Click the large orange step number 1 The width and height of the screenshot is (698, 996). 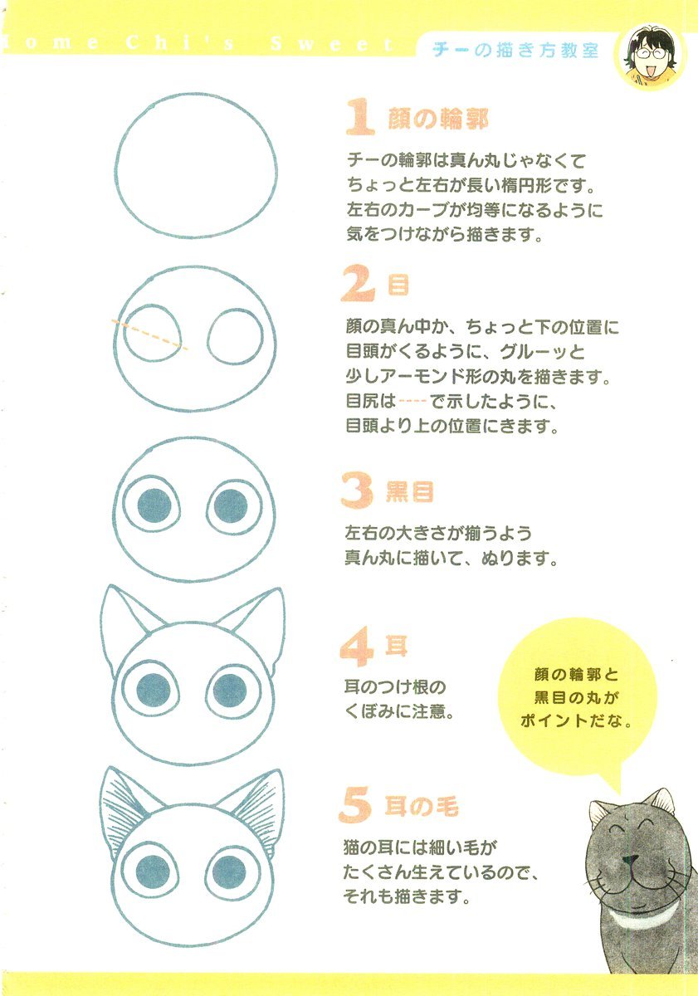[x=360, y=116]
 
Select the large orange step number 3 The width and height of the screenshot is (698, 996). [x=357, y=491]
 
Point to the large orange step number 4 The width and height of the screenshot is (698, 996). [x=356, y=647]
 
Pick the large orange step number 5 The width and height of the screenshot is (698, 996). [x=355, y=804]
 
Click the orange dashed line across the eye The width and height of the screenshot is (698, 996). [x=150, y=334]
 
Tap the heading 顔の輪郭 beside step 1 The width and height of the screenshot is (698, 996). [x=438, y=119]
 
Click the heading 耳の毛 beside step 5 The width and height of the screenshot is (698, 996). [x=421, y=806]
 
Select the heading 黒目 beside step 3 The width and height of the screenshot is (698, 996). [x=409, y=491]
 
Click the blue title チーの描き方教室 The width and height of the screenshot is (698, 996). [x=515, y=51]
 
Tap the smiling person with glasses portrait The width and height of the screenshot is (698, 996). [x=651, y=56]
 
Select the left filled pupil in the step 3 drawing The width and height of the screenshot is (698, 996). [x=154, y=506]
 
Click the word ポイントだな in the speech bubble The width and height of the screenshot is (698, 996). [x=571, y=721]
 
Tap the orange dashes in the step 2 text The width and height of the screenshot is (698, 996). [x=412, y=401]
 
